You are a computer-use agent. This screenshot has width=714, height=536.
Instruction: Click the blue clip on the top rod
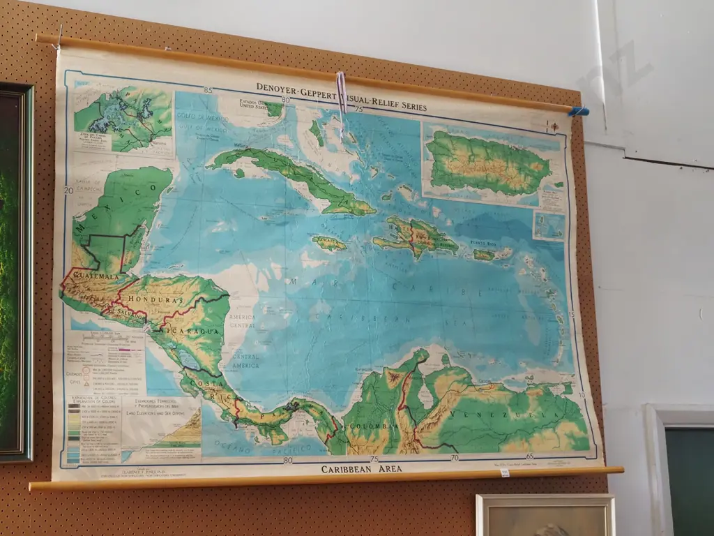(x=578, y=111)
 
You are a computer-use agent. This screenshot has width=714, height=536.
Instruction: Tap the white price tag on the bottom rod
(x=504, y=472)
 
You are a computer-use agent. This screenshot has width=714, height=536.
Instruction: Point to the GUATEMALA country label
(x=91, y=277)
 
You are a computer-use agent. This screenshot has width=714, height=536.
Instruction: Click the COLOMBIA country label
(x=365, y=426)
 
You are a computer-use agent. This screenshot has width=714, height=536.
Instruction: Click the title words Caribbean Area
(x=361, y=469)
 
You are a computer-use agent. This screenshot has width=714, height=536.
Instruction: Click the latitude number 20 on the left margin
(x=68, y=190)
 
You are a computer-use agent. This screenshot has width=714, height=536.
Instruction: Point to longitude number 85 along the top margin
(x=208, y=90)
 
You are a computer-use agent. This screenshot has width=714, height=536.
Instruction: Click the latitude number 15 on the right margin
(x=572, y=314)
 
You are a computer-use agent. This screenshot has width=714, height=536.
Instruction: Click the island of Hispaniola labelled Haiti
(x=415, y=236)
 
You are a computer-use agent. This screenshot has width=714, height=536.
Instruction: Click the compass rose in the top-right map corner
(x=554, y=126)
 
